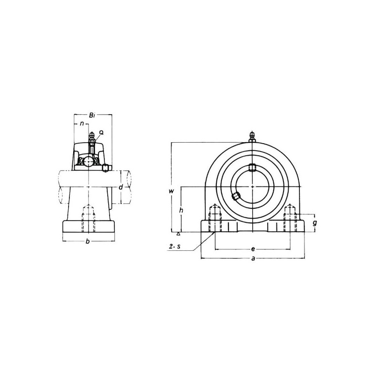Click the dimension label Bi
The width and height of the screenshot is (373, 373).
pos(92,116)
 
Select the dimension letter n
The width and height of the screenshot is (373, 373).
pos(82,124)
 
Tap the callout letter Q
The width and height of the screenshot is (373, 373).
pos(101,133)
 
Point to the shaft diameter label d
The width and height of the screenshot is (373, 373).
pos(121,187)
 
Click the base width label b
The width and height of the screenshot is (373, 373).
pos(88,242)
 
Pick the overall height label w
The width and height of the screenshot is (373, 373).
pos(171,191)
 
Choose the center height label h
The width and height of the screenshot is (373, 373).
pos(181,210)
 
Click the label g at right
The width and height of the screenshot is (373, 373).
pos(315,223)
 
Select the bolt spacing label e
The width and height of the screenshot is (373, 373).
pos(253,249)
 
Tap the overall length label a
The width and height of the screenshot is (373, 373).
pos(253,258)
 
